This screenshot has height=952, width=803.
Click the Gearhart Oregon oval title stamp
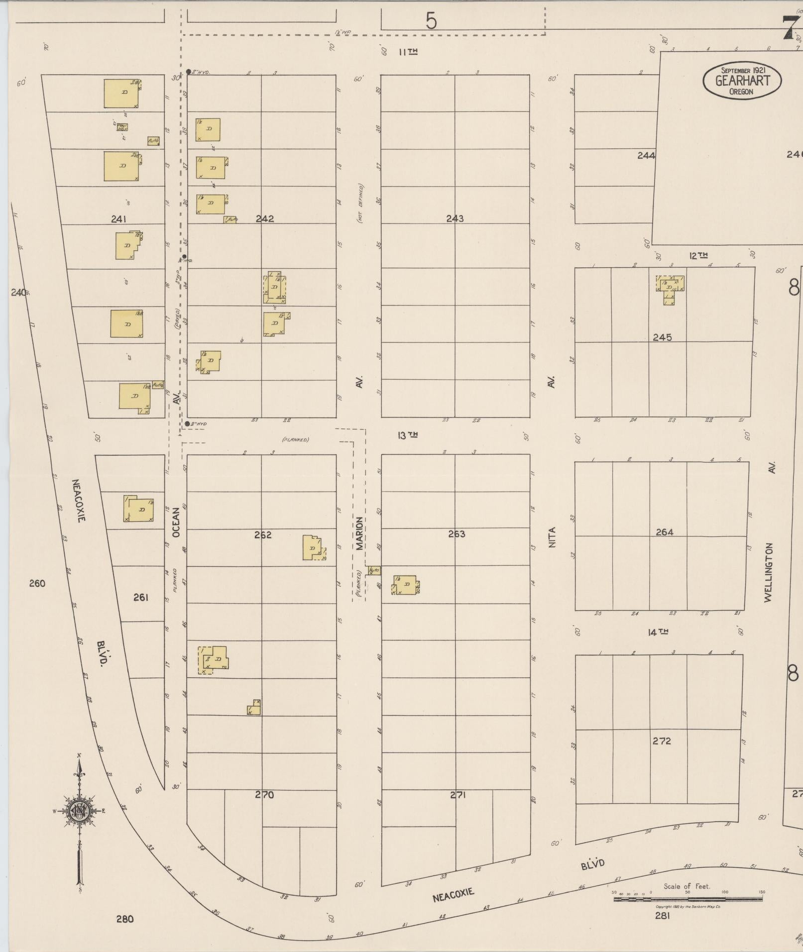(741, 80)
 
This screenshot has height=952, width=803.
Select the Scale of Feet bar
(688, 899)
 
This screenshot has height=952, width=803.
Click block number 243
(455, 218)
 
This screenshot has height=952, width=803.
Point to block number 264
(664, 532)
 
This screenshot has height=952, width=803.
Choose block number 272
(662, 741)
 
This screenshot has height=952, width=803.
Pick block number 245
(662, 337)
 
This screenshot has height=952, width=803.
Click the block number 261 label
(141, 597)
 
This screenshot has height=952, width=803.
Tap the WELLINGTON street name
(769, 572)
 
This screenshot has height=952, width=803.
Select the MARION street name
(359, 533)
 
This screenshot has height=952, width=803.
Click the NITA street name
(552, 537)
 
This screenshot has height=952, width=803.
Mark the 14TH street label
(658, 632)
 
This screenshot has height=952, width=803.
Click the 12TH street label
(698, 256)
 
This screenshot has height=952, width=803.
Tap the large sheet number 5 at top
(431, 21)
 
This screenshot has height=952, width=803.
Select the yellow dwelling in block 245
(670, 287)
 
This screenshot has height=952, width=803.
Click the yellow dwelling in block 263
(406, 585)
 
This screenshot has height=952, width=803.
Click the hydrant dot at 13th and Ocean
(187, 424)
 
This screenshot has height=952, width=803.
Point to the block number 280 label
(125, 919)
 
